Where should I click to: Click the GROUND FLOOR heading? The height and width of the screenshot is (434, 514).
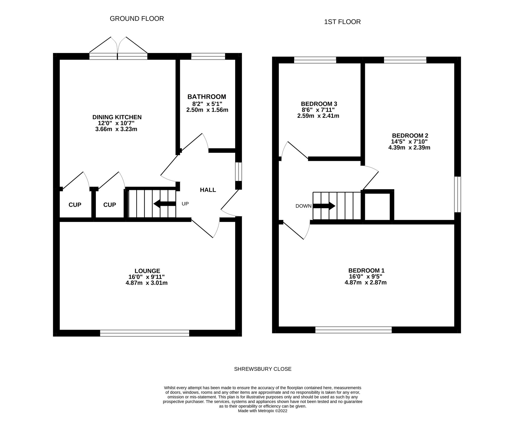click(x=137, y=19)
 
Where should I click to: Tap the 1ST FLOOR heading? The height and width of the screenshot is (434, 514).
click(x=342, y=22)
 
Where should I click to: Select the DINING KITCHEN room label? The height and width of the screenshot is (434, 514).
click(x=117, y=117)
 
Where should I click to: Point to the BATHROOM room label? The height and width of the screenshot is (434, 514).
click(x=207, y=97)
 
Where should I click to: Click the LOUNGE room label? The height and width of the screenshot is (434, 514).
click(x=148, y=271)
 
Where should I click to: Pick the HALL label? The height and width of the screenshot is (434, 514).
click(x=208, y=190)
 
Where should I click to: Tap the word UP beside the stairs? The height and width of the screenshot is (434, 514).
click(x=185, y=204)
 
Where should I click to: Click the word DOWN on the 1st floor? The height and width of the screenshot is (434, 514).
click(x=304, y=206)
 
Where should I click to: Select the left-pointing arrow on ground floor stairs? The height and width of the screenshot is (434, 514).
click(x=165, y=204)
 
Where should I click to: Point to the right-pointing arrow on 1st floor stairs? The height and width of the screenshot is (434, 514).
click(x=324, y=206)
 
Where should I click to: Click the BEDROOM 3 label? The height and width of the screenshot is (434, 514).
click(x=319, y=104)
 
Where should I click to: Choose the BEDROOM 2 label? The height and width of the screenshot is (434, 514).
click(x=410, y=136)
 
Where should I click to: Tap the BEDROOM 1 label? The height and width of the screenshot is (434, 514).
click(x=366, y=271)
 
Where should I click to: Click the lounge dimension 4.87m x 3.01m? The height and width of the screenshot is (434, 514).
click(x=146, y=283)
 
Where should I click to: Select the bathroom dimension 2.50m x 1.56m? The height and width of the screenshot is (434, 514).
click(x=207, y=110)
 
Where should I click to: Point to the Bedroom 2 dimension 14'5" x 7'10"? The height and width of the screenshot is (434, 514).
click(x=409, y=142)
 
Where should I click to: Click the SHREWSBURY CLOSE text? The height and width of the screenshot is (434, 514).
click(x=263, y=369)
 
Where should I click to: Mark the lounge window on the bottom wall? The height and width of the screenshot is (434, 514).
click(x=145, y=333)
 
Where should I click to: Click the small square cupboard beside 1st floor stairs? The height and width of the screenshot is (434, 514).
click(x=378, y=206)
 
